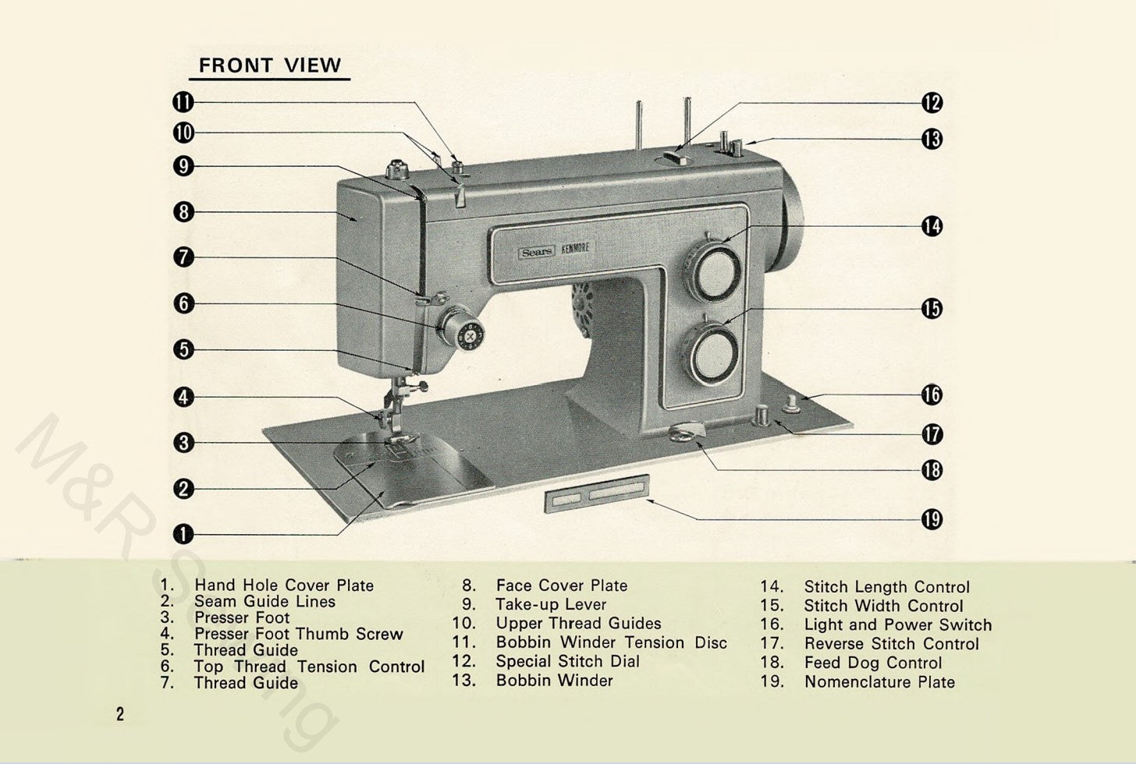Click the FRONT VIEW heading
269,65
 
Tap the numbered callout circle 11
183,102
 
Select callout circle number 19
932,518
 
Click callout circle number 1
183,534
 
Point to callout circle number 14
932,226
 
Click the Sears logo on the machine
537,252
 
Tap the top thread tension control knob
463,329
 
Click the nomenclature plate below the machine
597,494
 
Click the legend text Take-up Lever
551,604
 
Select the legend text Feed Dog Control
873,663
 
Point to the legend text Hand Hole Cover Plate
284,585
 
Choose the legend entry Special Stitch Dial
567,661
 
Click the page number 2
119,714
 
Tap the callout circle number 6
183,303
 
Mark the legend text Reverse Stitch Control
891,644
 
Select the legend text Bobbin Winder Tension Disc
611,642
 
